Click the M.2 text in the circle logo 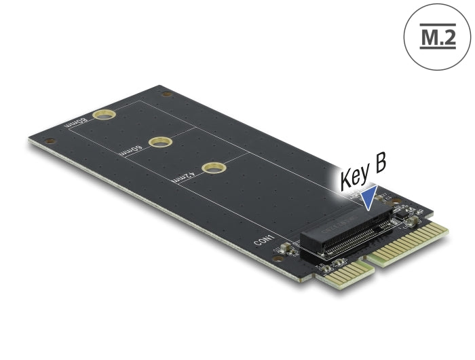point(437,37)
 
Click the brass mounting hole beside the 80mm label point(103,113)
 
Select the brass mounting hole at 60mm point(159,142)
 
